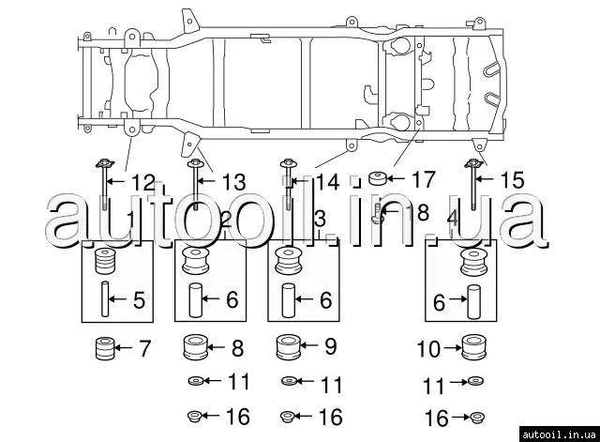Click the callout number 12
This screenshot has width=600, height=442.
coord(142,181)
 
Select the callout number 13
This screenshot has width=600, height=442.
coord(233,181)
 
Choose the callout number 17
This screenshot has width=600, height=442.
coord(424,177)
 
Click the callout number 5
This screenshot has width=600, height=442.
coord(139,301)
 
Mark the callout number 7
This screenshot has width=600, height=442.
coord(143,350)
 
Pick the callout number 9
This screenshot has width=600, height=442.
coord(330,347)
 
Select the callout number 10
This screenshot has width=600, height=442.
coord(428,349)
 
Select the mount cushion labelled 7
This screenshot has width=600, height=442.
coord(105,350)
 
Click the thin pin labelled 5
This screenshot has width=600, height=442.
coord(105,302)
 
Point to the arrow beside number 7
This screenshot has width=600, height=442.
coord(127,350)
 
